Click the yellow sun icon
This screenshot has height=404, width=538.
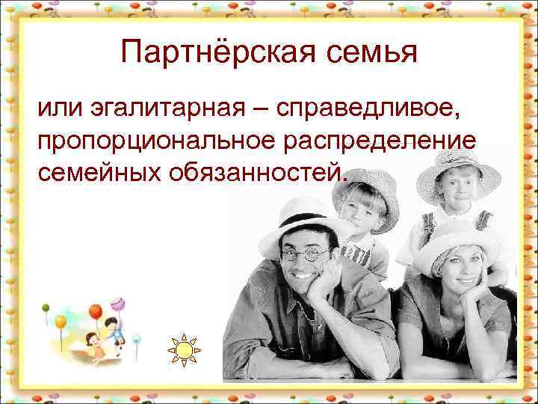click(185, 349)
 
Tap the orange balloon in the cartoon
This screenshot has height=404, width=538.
click(95, 310)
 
